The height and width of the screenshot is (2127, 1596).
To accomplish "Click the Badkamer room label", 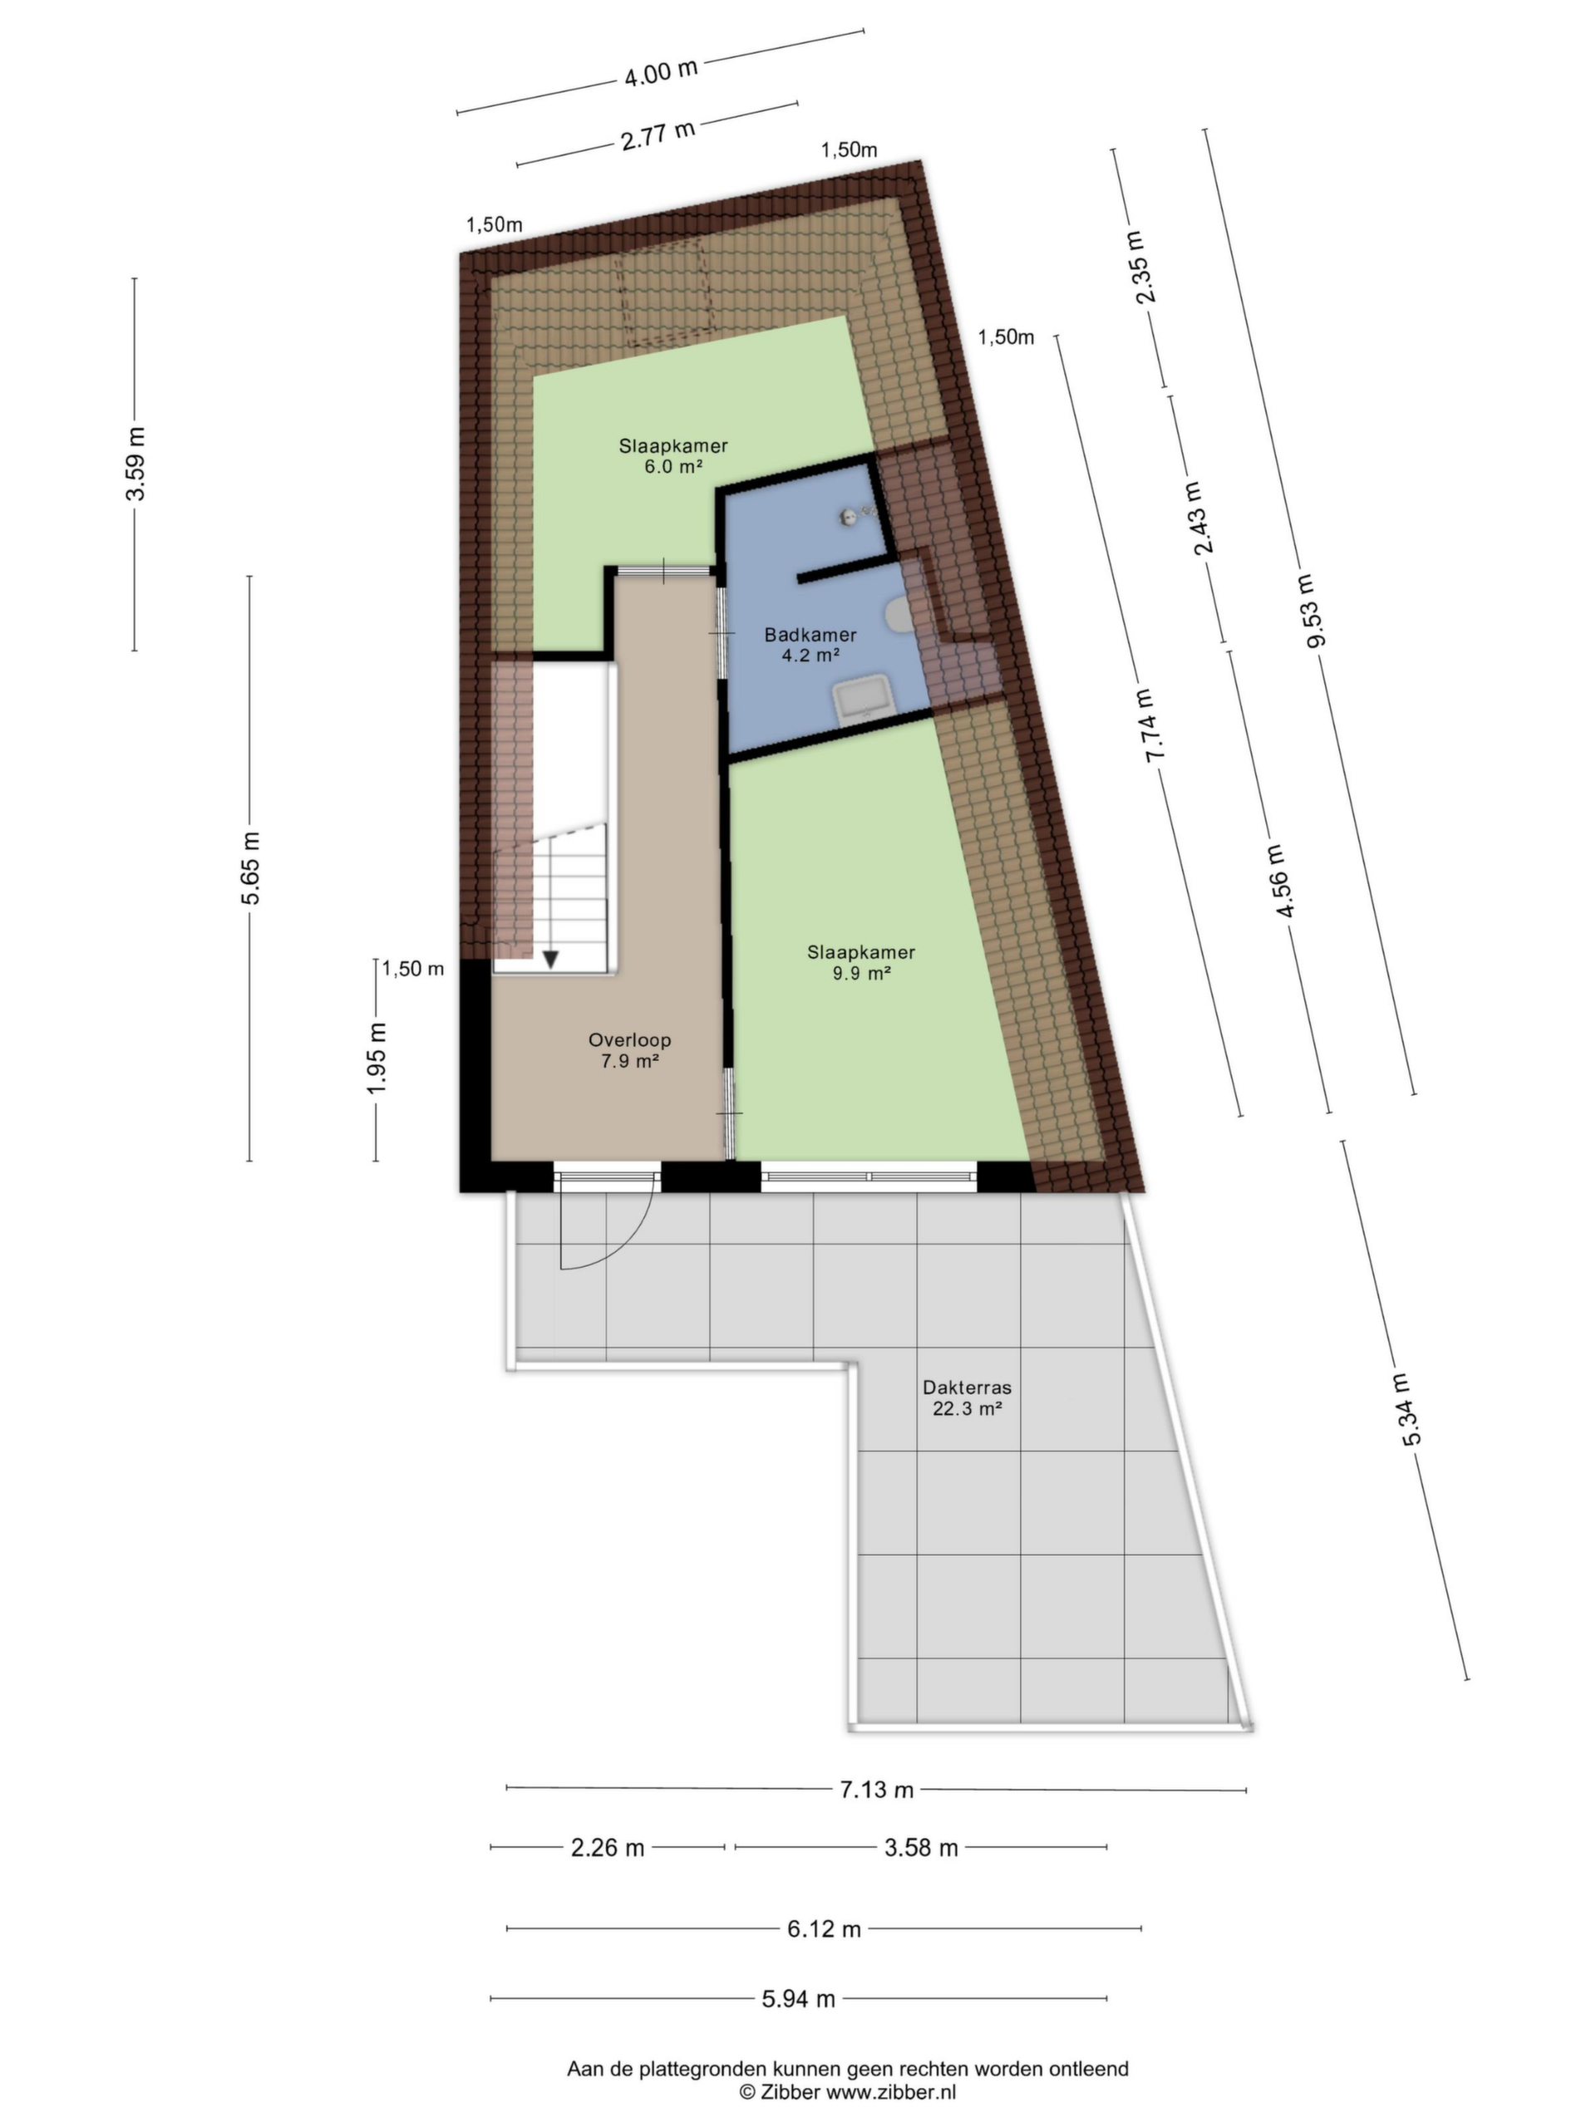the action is [810, 635].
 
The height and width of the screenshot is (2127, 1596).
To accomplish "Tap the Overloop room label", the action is [629, 1039].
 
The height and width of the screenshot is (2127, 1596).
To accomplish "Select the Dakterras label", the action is [967, 1388].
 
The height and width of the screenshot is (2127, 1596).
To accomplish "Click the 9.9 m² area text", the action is [861, 973].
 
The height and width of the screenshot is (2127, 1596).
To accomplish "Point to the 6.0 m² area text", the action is [673, 467].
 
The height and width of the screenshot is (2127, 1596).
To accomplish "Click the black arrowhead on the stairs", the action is [551, 959].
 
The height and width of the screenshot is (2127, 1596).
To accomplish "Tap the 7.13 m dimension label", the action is [876, 1790].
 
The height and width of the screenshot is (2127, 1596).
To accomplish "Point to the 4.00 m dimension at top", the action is [660, 72].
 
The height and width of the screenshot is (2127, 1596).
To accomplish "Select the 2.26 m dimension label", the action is [607, 1847].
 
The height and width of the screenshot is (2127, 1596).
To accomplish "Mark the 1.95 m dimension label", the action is [377, 1058].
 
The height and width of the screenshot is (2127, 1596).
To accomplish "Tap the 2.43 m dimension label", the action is [1201, 518].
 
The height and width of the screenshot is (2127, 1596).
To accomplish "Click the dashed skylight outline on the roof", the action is [664, 294].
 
